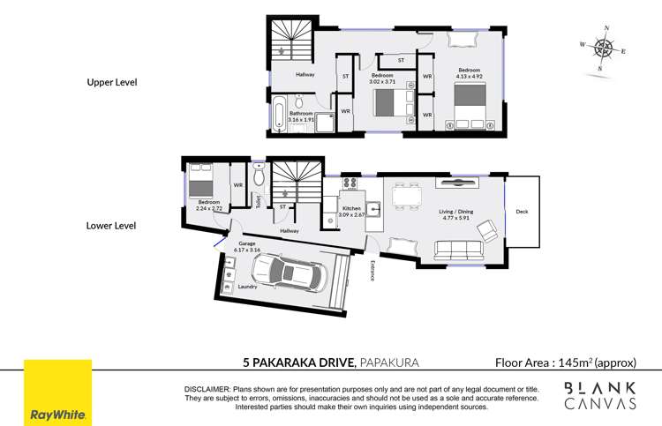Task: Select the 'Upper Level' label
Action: [111, 83]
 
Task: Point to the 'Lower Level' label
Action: [111, 226]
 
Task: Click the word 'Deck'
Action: [522, 212]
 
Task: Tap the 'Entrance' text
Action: [373, 270]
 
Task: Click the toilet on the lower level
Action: [258, 177]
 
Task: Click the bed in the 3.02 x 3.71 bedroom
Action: [388, 104]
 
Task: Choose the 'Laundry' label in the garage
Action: [246, 286]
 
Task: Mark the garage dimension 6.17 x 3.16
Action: [248, 250]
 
